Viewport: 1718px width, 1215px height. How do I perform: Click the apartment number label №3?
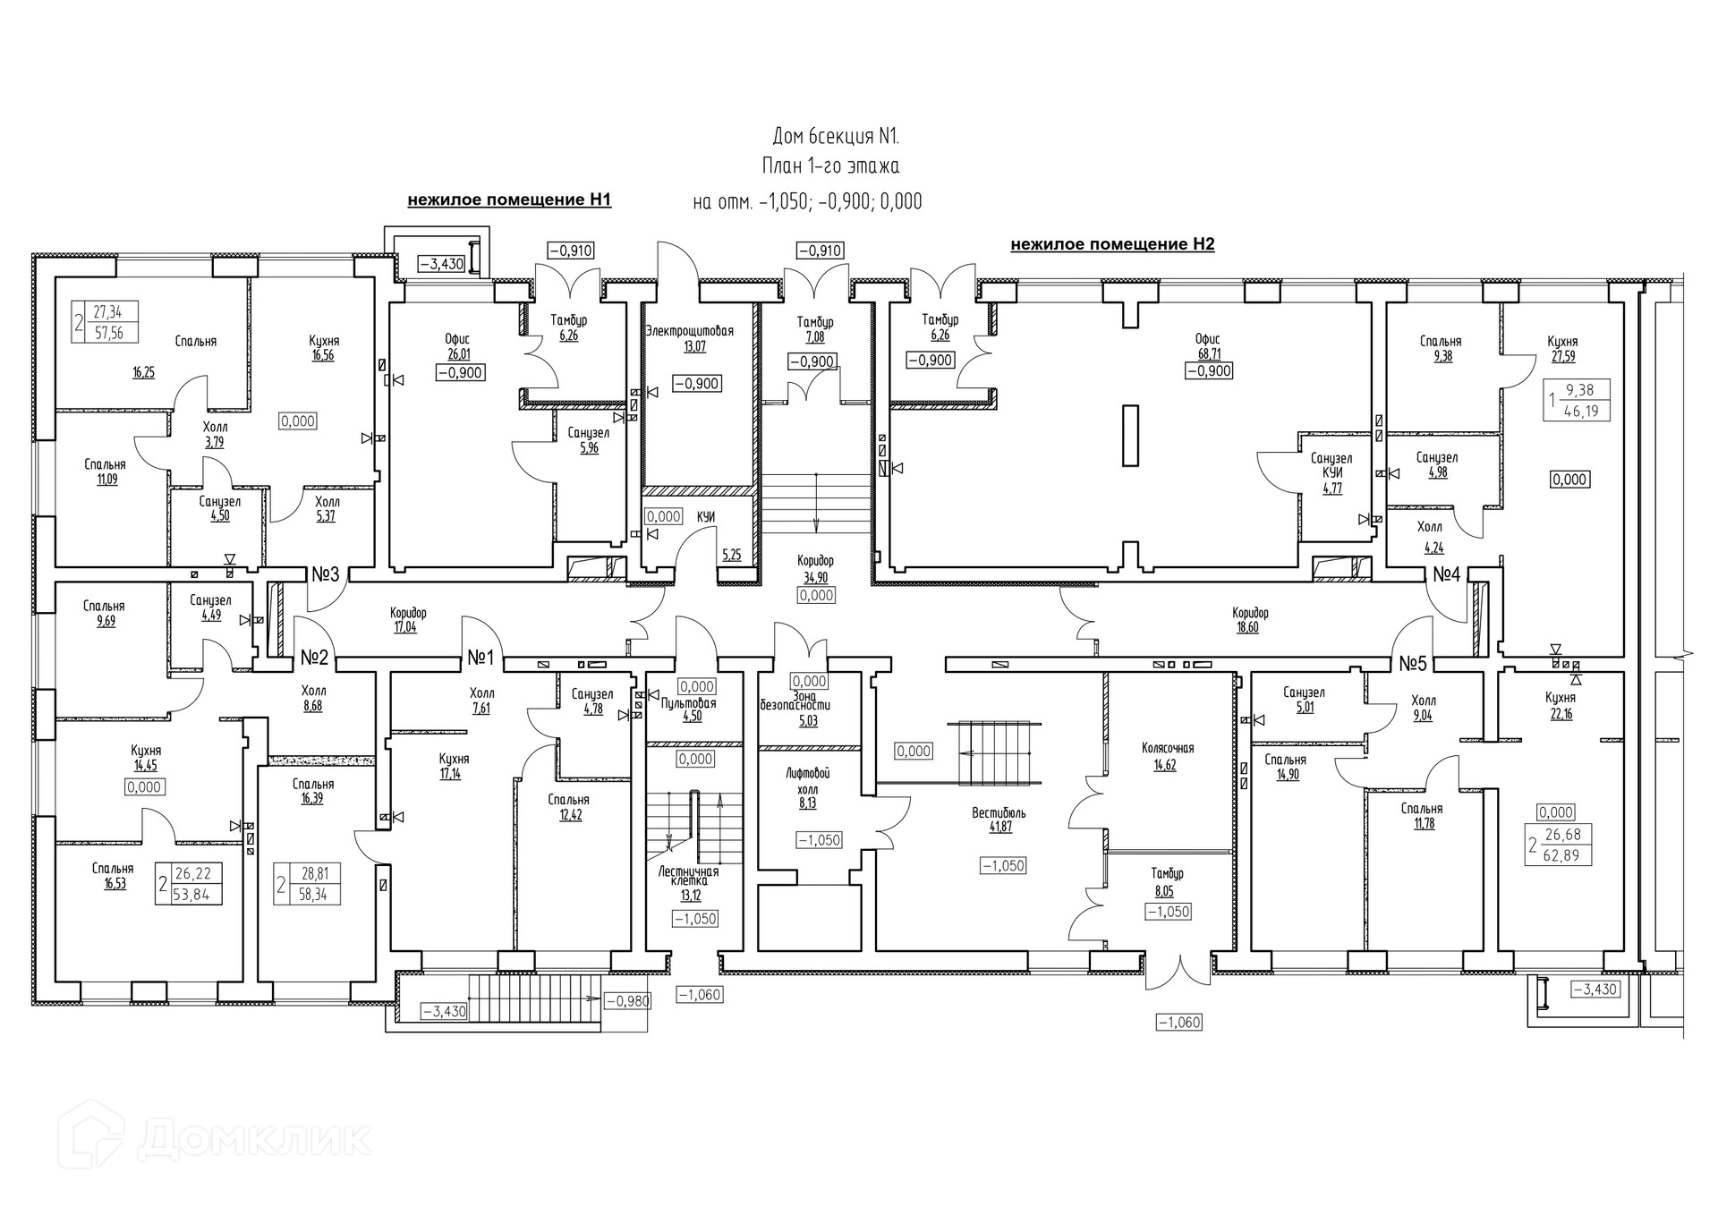tap(325, 574)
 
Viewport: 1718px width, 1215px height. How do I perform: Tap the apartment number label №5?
tap(1412, 663)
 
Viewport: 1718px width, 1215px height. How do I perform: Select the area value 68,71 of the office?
tap(1208, 354)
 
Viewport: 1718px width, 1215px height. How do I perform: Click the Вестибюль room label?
tap(999, 813)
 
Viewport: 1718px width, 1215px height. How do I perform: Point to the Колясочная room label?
tap(1168, 748)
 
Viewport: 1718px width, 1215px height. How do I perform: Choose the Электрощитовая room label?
tap(689, 331)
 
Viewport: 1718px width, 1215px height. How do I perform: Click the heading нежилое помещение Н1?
tap(509, 200)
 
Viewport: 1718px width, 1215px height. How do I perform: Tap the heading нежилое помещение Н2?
tap(1112, 244)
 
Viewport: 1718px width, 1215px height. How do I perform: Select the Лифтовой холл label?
tap(808, 781)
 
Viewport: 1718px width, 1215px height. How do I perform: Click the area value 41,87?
tap(1000, 828)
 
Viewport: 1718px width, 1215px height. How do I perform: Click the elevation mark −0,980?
tap(628, 1001)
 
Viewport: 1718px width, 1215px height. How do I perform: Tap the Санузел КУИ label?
tap(1331, 465)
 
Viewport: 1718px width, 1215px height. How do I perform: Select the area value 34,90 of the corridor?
tap(816, 578)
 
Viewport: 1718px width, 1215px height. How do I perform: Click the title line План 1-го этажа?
tap(830, 166)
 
